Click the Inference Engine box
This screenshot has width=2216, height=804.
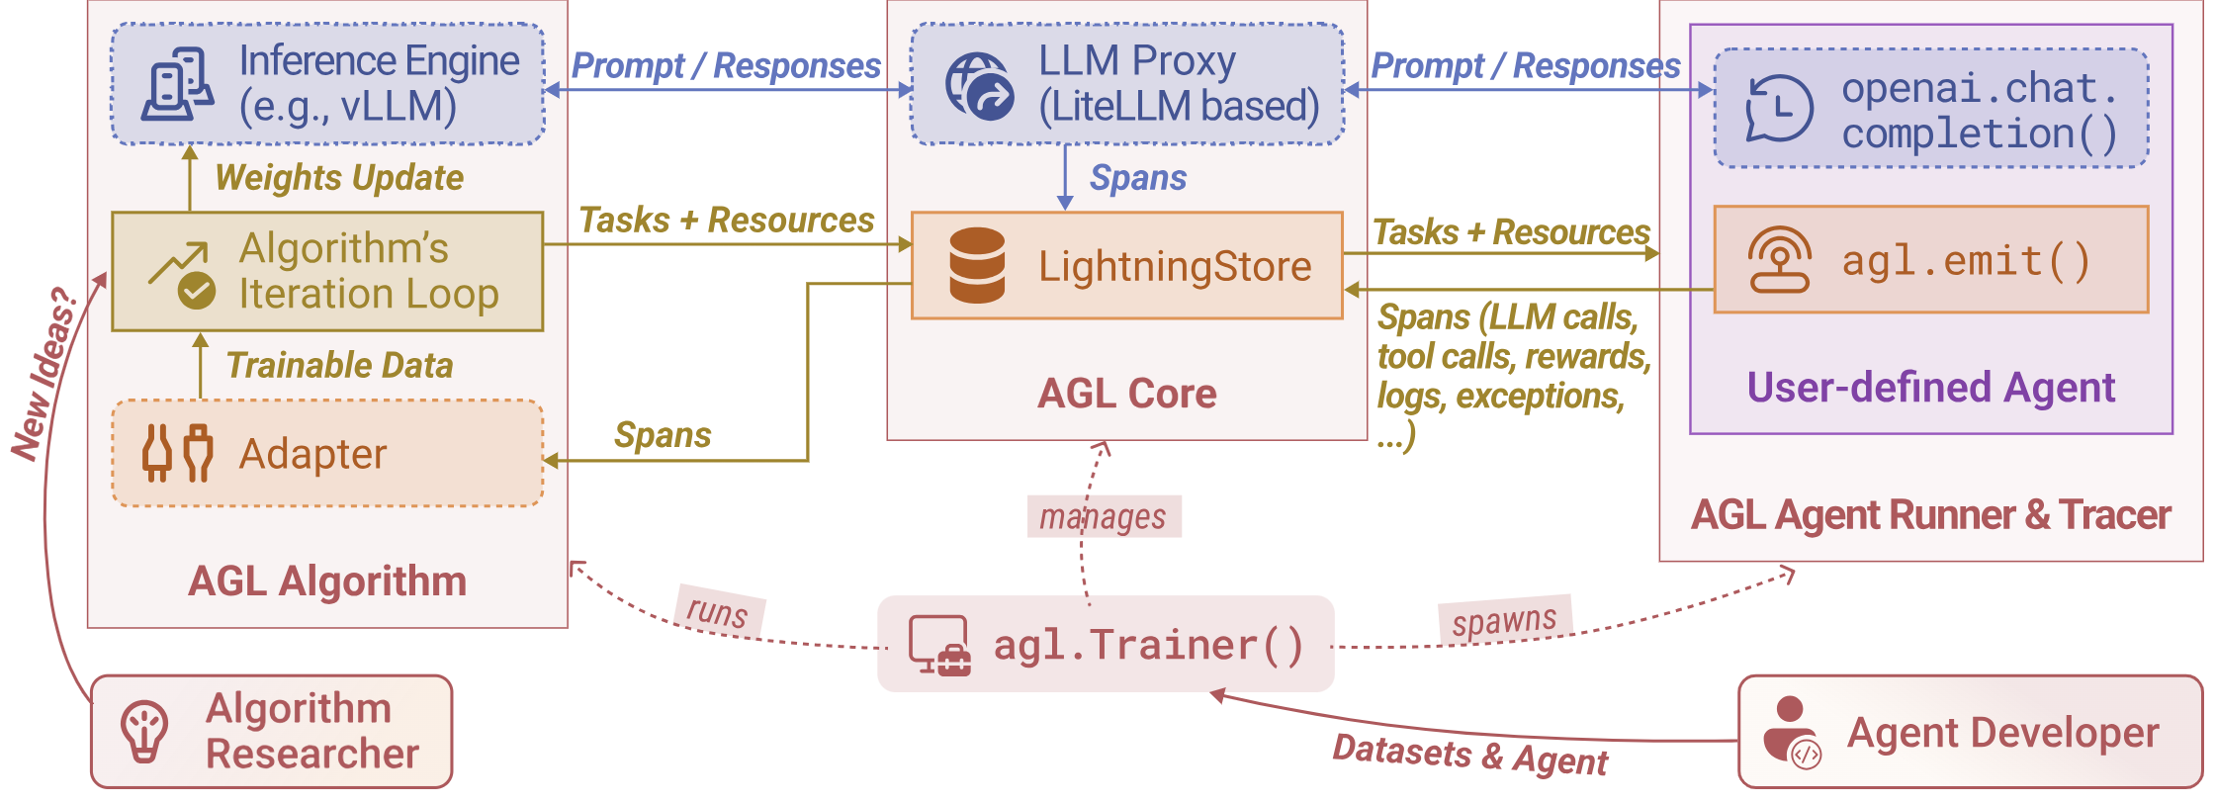pos(327,85)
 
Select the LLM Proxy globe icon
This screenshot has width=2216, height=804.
pos(978,87)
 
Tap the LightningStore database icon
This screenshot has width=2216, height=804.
pos(976,265)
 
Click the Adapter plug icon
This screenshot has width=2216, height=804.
pos(177,453)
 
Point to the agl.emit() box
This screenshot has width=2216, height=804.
pos(1929,260)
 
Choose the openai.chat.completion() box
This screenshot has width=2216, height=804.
pos(1929,109)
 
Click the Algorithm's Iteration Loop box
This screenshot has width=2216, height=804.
pos(327,271)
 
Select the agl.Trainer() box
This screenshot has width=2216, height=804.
pos(1105,644)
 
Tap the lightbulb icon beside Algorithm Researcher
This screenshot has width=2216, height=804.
pos(144,732)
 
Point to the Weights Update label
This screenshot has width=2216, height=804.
pos(339,178)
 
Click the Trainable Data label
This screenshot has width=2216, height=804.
pos(339,366)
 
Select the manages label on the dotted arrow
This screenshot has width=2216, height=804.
pos(1104,516)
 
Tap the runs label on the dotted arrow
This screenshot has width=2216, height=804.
pos(718,611)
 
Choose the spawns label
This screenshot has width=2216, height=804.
pos(1504,621)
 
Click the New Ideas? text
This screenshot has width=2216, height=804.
pos(45,374)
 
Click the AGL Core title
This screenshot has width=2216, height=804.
pos(1126,394)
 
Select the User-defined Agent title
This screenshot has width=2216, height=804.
pos(1930,388)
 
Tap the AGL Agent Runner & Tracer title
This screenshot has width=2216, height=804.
pos(1930,515)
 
